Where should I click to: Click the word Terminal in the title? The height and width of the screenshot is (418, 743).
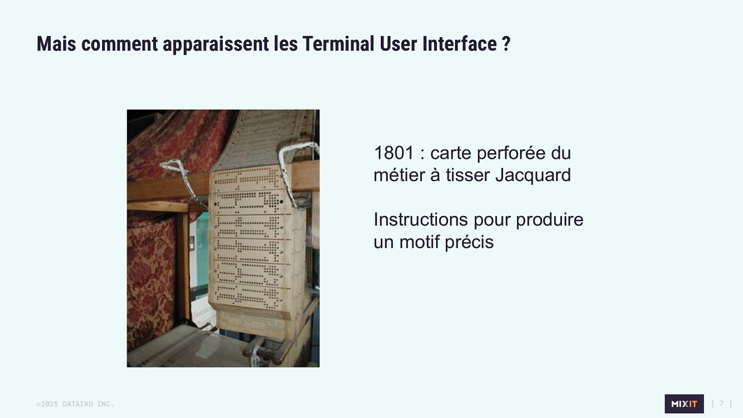pyautogui.click(x=338, y=44)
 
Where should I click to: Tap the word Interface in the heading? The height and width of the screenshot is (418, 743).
pyautogui.click(x=460, y=44)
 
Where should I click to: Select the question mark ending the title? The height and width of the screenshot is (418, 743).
pyautogui.click(x=506, y=44)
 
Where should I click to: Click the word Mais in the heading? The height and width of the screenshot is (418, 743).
pyautogui.click(x=56, y=44)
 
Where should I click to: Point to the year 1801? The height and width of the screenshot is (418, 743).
pyautogui.click(x=394, y=153)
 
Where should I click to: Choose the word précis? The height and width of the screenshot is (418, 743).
pyautogui.click(x=469, y=242)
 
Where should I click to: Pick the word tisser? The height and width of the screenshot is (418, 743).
pyautogui.click(x=467, y=175)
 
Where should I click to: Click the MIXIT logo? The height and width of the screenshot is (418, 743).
pyautogui.click(x=684, y=404)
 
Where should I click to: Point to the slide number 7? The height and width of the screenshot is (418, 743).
pyautogui.click(x=722, y=404)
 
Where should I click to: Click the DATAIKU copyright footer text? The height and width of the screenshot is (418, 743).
pyautogui.click(x=75, y=404)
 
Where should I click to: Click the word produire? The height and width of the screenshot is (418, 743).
pyautogui.click(x=549, y=220)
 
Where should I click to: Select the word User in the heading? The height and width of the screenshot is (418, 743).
pyautogui.click(x=398, y=44)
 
